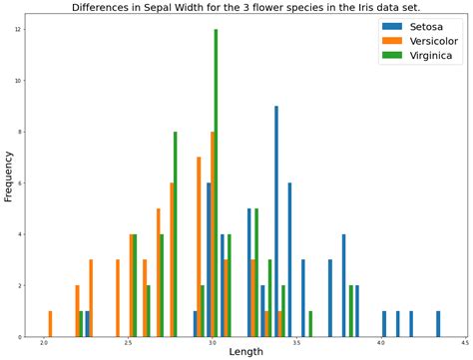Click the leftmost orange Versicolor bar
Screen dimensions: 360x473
[50, 324]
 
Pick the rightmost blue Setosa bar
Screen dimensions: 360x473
[438, 324]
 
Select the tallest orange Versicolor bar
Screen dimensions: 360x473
[213, 234]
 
